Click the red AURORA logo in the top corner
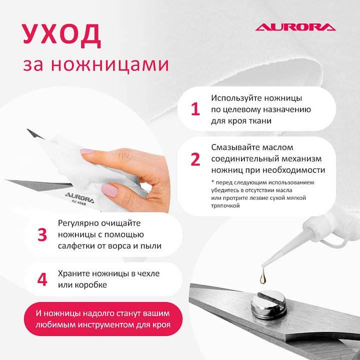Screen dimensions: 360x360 [295, 27]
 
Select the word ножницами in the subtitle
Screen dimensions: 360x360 [110, 64]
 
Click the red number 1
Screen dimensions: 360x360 [195, 109]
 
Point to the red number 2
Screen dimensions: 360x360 [195, 159]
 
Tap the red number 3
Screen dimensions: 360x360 [42, 234]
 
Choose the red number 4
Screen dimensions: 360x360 [42, 279]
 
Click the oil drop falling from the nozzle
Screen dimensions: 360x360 [263, 276]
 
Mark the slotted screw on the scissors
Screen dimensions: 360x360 [268, 304]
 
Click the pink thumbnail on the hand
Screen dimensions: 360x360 [110, 190]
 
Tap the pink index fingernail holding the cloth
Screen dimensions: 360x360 [86, 151]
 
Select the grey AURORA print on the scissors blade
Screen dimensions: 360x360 [79, 197]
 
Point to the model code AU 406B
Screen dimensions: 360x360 [79, 202]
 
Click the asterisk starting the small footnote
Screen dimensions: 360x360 [212, 182]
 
